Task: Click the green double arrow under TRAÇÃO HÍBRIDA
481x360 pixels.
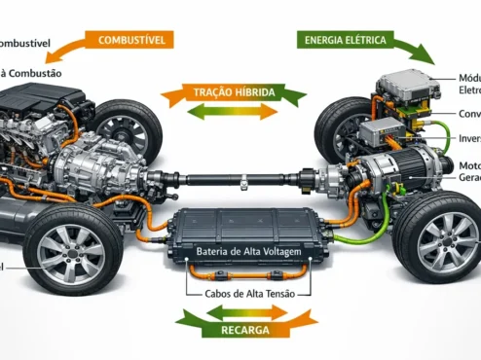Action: coord(233,112)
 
